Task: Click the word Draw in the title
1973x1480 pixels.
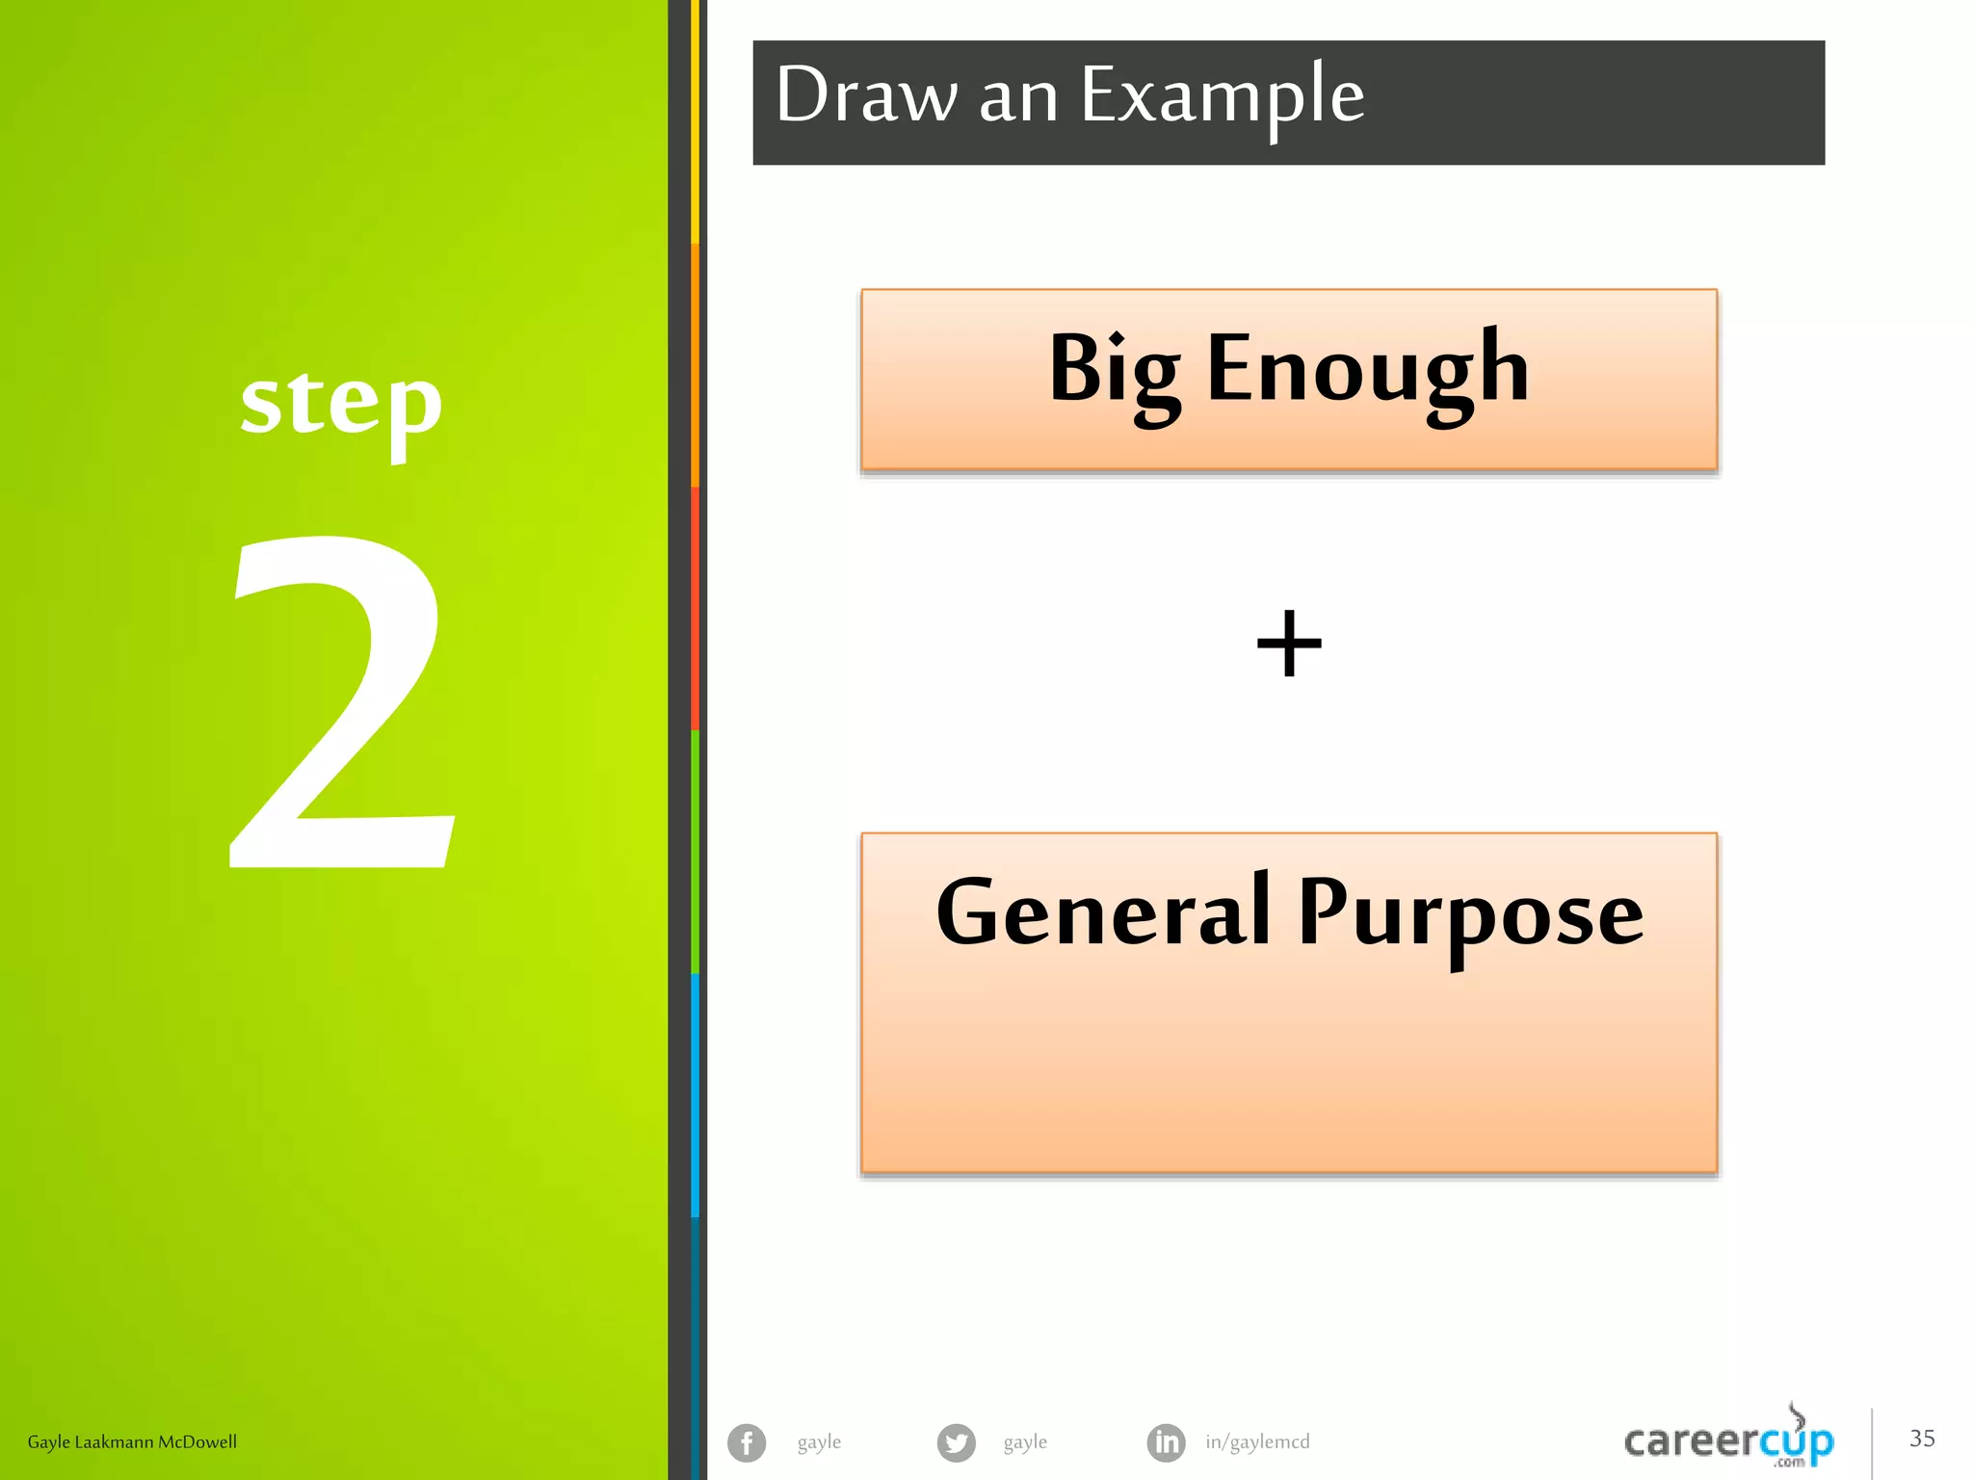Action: (x=865, y=94)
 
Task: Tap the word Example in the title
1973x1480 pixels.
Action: (x=1222, y=96)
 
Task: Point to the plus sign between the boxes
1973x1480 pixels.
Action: (x=1289, y=643)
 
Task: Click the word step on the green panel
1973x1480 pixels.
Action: (x=341, y=405)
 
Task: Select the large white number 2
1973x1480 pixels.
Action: (x=342, y=703)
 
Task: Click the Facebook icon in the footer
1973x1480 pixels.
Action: (x=747, y=1442)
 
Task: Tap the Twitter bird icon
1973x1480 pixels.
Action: (x=956, y=1442)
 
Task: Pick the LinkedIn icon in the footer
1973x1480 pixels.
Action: (x=1166, y=1442)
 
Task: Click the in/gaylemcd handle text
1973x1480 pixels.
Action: (x=1257, y=1441)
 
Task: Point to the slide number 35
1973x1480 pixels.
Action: (x=1922, y=1439)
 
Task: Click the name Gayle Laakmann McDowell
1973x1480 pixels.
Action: (x=132, y=1441)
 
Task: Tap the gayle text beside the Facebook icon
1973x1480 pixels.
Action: (x=819, y=1441)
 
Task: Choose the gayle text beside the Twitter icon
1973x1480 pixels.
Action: (x=1025, y=1441)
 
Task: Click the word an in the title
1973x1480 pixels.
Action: (x=1018, y=96)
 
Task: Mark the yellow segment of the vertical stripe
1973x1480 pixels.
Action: (x=696, y=120)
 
